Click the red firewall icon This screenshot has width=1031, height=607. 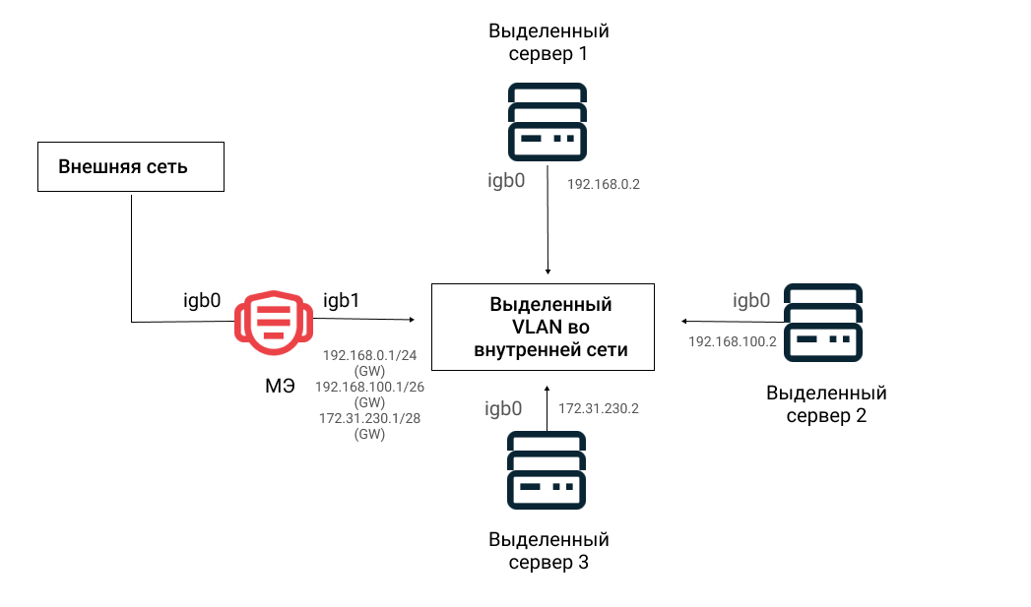274,323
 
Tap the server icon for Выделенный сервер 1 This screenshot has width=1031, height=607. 548,122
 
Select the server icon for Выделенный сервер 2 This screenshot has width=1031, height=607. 822,323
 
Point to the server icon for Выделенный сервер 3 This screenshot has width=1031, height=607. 547,469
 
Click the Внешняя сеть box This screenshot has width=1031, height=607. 131,167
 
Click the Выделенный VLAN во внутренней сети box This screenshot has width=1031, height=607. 544,328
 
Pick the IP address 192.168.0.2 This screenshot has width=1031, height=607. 604,185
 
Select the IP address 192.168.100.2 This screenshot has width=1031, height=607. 733,341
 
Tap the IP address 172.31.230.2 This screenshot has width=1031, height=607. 599,408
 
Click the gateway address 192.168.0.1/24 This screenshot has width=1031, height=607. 369,355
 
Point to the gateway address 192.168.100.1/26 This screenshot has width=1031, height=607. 369,387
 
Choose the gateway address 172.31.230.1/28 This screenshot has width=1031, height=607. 369,418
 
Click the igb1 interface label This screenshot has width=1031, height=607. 342,300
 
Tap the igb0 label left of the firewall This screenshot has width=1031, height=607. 202,300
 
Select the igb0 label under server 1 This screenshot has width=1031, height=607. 506,181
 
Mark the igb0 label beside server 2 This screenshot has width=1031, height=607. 751,300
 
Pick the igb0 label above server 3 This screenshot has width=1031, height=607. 503,408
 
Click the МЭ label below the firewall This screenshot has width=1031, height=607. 280,386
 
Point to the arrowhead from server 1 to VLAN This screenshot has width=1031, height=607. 548,272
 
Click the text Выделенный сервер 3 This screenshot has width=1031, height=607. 549,551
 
